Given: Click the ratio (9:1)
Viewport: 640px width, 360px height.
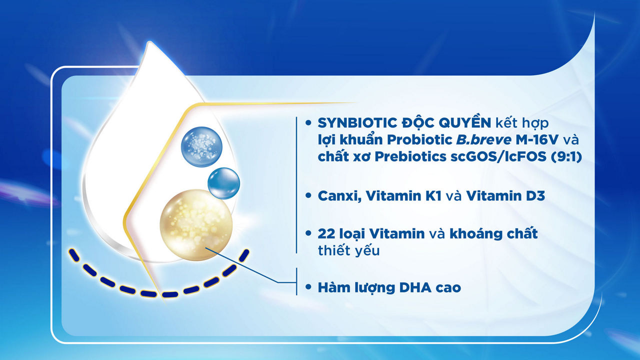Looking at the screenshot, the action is pos(565,156).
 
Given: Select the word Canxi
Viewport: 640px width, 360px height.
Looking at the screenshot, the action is pos(339,196).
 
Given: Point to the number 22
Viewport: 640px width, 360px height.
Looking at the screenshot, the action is pos(326,233).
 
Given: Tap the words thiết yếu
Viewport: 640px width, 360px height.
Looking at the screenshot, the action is pos(349,250).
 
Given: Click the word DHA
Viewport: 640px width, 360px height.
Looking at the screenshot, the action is pos(415,287).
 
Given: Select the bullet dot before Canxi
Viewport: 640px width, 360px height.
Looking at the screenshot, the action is pos(308,195).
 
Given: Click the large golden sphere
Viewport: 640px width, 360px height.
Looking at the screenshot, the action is pos(196,225).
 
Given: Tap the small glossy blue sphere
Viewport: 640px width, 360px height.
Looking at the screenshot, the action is pos(223,183).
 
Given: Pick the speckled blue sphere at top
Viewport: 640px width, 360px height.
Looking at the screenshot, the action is pos(201,147).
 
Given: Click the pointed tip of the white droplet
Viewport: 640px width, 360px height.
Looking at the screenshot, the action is pos(149,42).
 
